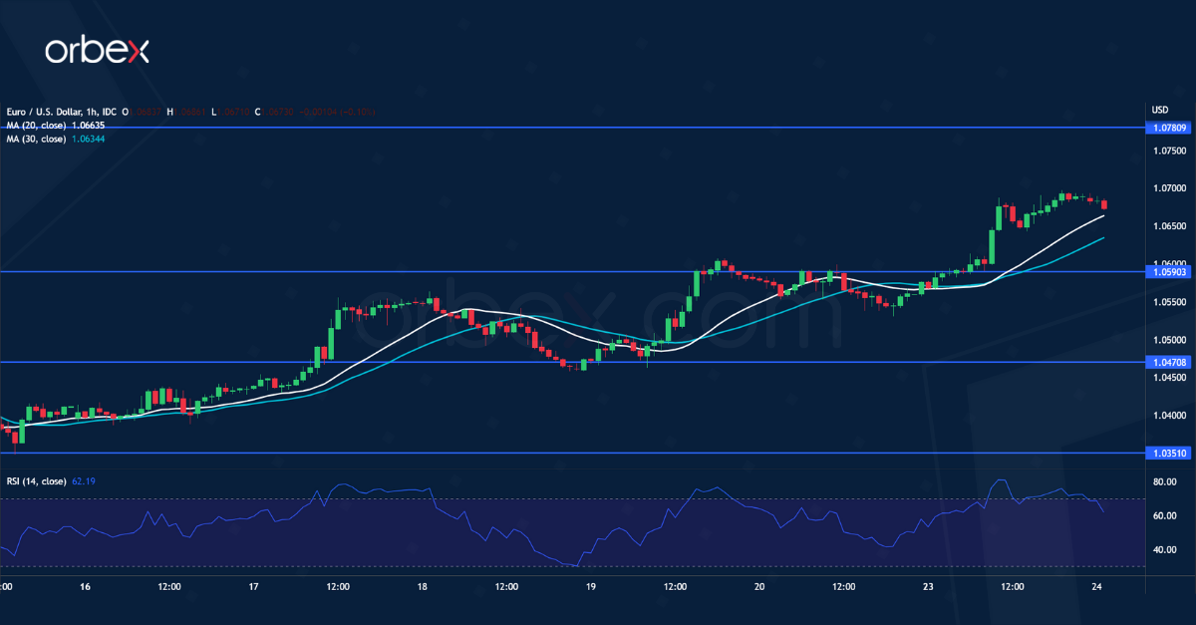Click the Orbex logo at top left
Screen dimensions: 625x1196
coord(97,52)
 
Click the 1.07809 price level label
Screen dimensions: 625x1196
coord(1168,128)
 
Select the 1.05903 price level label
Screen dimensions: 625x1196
coord(1168,271)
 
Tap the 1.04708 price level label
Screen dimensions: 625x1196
coord(1168,363)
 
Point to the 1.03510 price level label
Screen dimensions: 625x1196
coord(1168,454)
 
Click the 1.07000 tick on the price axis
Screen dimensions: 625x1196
coord(1169,188)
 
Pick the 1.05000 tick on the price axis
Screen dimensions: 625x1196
coord(1169,340)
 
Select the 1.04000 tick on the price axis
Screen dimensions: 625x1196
coord(1169,416)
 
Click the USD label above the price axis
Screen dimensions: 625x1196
coord(1159,110)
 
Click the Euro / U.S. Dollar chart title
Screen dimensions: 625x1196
coord(55,111)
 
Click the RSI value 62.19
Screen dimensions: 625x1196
coord(85,481)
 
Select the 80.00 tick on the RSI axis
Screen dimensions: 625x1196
coord(1165,482)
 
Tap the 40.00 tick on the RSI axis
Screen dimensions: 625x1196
coord(1165,550)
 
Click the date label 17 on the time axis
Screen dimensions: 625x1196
coord(253,587)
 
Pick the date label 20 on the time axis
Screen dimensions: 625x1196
coord(759,587)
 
